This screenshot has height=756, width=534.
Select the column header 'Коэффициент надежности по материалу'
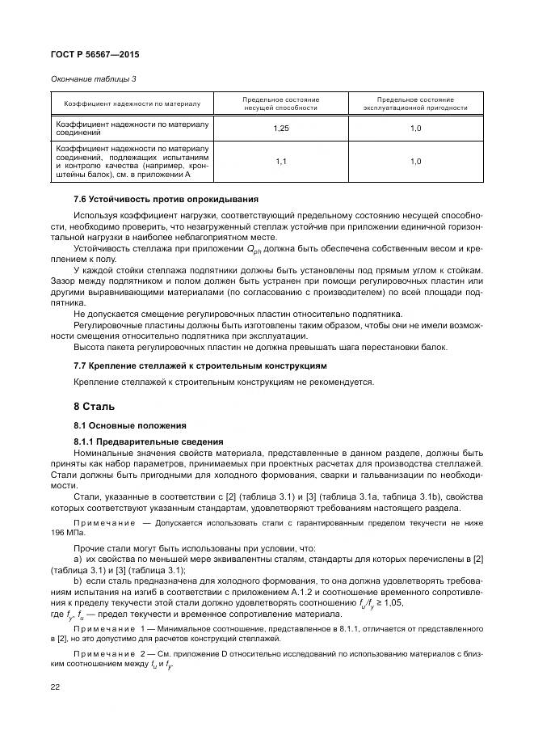coord(132,103)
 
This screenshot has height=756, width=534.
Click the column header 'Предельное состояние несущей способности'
coord(280,103)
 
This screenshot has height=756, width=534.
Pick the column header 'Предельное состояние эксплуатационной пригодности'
coord(414,103)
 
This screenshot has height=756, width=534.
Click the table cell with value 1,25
coord(280,129)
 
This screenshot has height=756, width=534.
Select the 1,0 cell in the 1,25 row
coord(414,129)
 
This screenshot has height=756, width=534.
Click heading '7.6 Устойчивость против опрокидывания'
coord(166,199)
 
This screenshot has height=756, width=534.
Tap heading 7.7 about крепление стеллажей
coord(200,365)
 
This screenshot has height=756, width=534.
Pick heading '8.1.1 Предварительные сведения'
coord(148,441)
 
